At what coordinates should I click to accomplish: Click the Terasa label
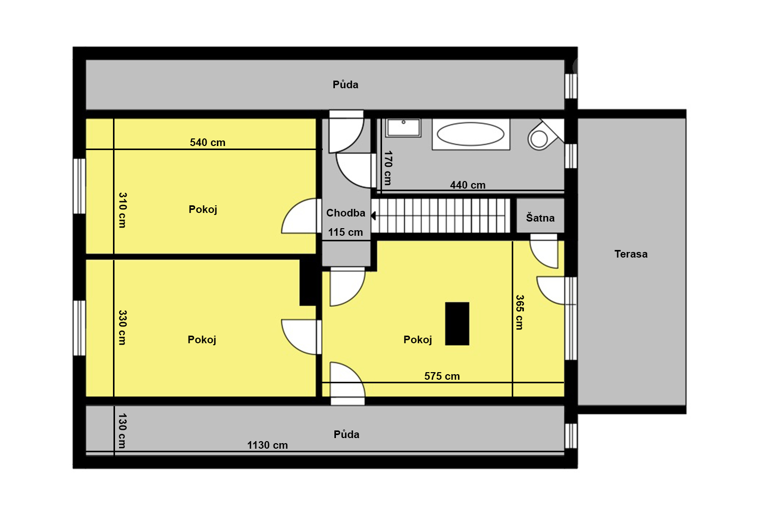coord(631,254)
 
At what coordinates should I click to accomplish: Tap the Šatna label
coord(540,218)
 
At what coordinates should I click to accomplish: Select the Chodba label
coord(346,213)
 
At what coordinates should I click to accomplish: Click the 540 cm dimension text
coord(208,142)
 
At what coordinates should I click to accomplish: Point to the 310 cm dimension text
coord(123,210)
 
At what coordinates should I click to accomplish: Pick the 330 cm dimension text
coord(123,327)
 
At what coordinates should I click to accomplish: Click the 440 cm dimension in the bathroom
coord(468,185)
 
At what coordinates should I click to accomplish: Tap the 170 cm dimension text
coord(388,168)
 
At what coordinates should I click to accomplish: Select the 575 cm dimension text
coord(442,376)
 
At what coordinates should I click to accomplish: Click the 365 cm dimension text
coord(519,312)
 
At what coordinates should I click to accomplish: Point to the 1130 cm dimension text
coord(268,445)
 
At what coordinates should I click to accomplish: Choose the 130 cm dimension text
coord(122,430)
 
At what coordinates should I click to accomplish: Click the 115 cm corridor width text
coord(346,232)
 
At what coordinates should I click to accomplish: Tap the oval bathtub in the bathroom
coord(471,134)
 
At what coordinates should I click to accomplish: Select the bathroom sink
coord(403,128)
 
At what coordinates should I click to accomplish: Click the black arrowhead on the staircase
coord(373,215)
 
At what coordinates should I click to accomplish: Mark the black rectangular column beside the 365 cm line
coord(457,323)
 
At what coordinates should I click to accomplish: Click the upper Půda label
coord(346,85)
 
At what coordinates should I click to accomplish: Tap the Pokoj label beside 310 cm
coord(203,209)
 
